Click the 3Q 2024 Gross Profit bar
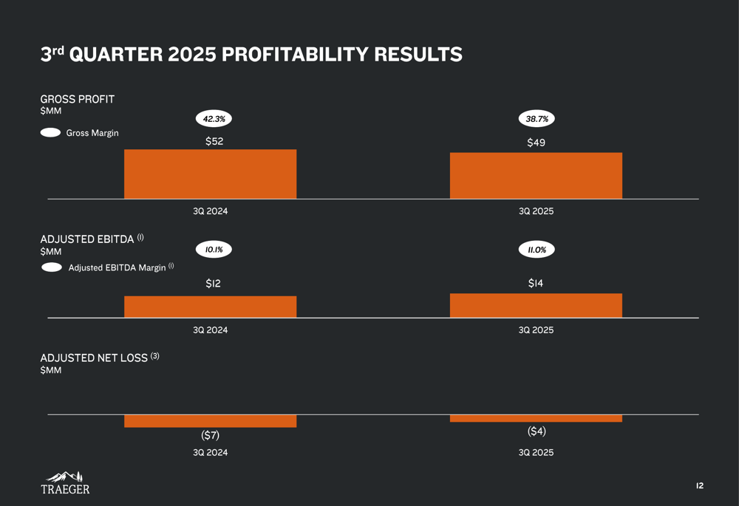click(x=210, y=174)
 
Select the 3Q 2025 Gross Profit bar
click(x=536, y=176)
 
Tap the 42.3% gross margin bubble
click(x=214, y=118)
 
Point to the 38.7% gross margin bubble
click(x=536, y=118)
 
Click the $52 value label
click(x=214, y=141)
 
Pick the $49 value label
click(x=536, y=143)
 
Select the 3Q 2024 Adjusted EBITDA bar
click(x=210, y=307)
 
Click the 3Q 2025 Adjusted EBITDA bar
click(x=536, y=306)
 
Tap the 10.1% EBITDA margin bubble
click(x=214, y=250)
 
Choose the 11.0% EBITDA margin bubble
click(x=537, y=250)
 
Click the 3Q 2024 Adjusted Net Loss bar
click(x=210, y=421)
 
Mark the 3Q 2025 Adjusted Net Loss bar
click(x=536, y=418)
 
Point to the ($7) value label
click(x=210, y=436)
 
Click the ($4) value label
click(x=537, y=431)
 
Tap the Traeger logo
click(x=65, y=482)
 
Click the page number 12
click(x=699, y=485)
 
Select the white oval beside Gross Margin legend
click(x=50, y=133)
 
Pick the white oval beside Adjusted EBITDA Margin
click(x=52, y=267)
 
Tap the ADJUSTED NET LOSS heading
click(x=94, y=358)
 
